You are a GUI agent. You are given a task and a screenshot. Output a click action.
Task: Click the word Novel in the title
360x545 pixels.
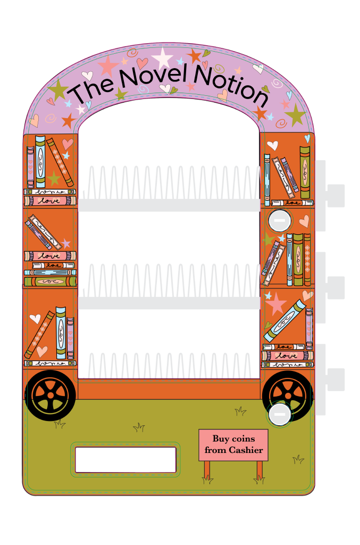click(x=154, y=77)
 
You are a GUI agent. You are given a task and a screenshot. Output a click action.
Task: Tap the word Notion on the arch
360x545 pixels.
click(x=230, y=85)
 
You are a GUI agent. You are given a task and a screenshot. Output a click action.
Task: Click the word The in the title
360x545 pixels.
click(x=92, y=92)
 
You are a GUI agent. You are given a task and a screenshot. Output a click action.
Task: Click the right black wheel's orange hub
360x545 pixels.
click(x=288, y=394)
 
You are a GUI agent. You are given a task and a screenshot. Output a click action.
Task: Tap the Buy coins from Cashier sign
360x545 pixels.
click(x=233, y=445)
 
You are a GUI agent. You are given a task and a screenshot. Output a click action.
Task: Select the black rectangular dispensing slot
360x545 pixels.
click(x=125, y=459)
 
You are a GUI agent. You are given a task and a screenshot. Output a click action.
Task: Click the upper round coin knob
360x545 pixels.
click(x=279, y=220)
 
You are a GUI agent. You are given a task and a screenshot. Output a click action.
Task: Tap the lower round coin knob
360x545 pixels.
click(x=279, y=414)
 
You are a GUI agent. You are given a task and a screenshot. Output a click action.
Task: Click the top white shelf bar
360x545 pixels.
click(x=169, y=205)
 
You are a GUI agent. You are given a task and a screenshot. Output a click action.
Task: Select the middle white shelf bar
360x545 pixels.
click(x=169, y=303)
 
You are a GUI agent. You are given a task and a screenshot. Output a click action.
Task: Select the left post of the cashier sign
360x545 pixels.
click(x=207, y=469)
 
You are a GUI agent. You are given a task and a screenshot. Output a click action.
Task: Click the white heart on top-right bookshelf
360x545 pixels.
click(x=272, y=145)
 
